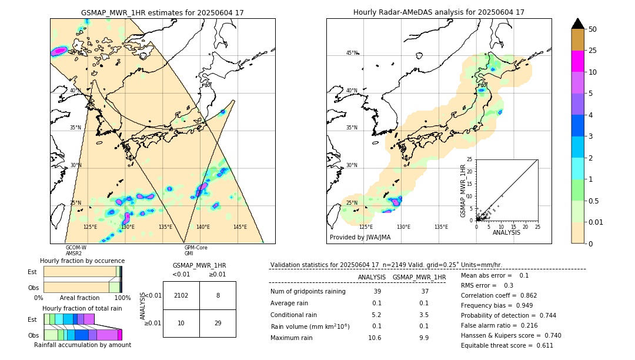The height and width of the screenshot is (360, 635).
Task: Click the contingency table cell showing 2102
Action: pos(181,295)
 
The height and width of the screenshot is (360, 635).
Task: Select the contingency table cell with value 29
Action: pos(218,324)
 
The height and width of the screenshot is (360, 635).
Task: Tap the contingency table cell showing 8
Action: pos(218,295)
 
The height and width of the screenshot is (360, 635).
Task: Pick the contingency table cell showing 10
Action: pos(181,324)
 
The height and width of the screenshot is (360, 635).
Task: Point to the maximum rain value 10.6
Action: pos(375,338)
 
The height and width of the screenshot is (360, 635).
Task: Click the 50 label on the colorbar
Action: pos(593,29)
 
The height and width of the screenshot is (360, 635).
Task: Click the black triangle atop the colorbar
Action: pos(578,24)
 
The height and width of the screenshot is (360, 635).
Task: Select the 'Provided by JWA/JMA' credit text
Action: pos(360,238)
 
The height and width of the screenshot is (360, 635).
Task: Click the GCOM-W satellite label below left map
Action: pos(76,248)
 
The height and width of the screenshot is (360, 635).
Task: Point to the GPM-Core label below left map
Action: pos(196,248)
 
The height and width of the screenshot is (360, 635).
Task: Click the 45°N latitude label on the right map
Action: pos(352,53)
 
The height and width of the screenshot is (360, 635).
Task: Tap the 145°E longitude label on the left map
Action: pos(240,227)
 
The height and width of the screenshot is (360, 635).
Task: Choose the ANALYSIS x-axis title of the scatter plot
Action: pos(506,232)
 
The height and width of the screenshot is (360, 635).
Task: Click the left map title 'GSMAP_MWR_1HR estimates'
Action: pos(162,12)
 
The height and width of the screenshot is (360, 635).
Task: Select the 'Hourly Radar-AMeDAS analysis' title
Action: pos(439,12)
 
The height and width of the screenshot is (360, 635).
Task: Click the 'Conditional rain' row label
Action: pos(295,315)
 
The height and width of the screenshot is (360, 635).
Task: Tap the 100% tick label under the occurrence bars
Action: pos(122,298)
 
